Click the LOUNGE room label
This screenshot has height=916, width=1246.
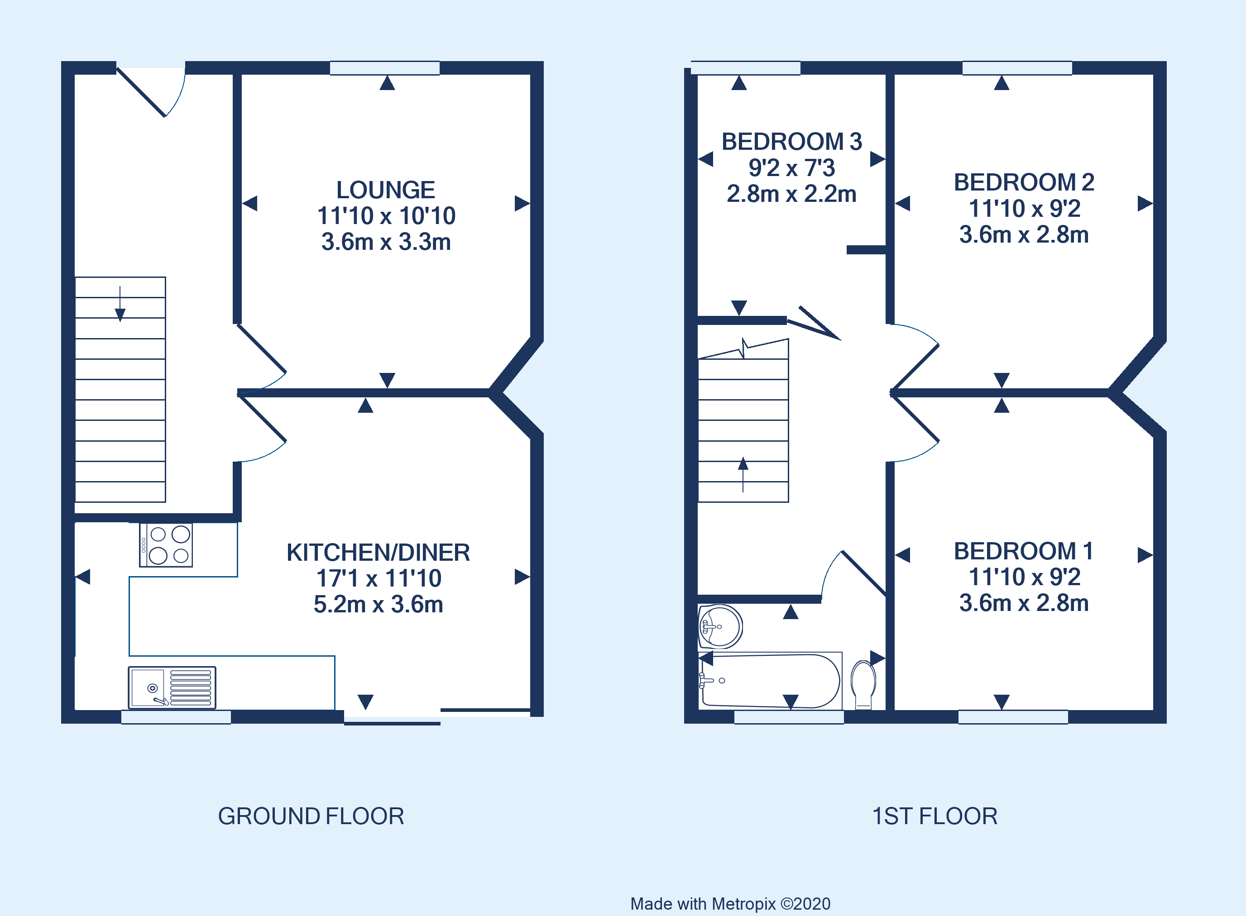pyautogui.click(x=386, y=190)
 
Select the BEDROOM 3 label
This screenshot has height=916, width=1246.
pyautogui.click(x=791, y=142)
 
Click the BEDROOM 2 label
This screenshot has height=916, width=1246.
pyautogui.click(x=1024, y=182)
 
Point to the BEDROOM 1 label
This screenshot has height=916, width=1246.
pyautogui.click(x=1024, y=551)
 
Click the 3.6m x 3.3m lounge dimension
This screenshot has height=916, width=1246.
pyautogui.click(x=386, y=242)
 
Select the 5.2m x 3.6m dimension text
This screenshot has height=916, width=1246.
pyautogui.click(x=378, y=604)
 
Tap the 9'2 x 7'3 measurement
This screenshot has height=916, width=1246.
pyautogui.click(x=791, y=168)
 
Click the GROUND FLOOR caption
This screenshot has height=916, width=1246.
pyautogui.click(x=311, y=816)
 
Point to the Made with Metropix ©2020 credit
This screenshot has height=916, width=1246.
pyautogui.click(x=730, y=904)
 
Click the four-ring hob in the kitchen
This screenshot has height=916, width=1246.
pyautogui.click(x=166, y=545)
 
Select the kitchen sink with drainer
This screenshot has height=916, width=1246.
pyautogui.click(x=172, y=687)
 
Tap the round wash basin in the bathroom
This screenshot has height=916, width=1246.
pyautogui.click(x=719, y=626)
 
